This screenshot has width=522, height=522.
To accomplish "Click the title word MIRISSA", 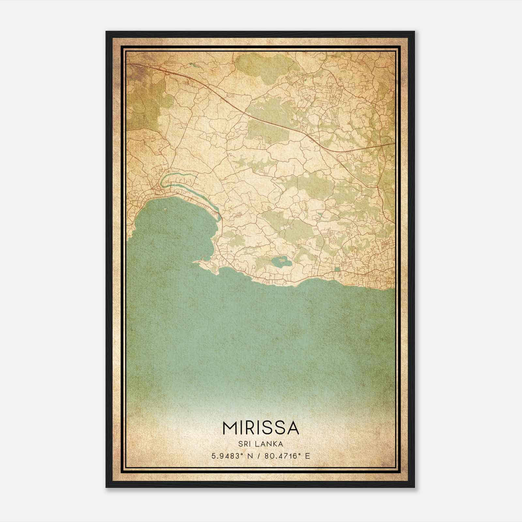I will [x=261, y=428].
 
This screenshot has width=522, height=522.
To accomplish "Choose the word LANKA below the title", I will [x=269, y=444].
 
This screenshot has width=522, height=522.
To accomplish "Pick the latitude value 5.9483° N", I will [x=232, y=456].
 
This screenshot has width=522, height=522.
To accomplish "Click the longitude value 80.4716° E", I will [x=287, y=456].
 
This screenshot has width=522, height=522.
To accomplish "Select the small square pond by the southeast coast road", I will [x=337, y=269].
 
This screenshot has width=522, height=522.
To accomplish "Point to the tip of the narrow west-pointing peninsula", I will [x=194, y=262].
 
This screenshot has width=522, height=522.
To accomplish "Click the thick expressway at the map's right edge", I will [x=391, y=144].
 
